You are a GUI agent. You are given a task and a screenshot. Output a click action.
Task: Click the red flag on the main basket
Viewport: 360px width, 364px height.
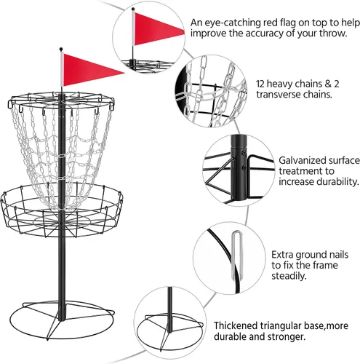(89, 70)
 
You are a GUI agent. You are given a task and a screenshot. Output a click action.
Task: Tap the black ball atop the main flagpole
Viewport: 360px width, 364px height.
(61, 50)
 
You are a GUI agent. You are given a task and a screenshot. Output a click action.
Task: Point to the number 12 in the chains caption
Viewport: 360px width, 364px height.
(260, 84)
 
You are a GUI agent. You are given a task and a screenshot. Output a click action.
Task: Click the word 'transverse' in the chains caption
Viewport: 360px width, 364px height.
(277, 95)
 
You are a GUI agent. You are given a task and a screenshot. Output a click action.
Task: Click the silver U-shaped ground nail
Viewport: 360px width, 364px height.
(237, 255)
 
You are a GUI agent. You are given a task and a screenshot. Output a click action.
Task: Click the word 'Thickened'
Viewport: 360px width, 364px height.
(235, 325)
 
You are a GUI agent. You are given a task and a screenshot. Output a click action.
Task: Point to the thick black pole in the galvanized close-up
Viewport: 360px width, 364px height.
(239, 167)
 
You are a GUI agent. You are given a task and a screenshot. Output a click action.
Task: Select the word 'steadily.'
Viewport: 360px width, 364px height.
(289, 276)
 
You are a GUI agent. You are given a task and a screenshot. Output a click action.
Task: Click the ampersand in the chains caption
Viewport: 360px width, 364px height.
(328, 84)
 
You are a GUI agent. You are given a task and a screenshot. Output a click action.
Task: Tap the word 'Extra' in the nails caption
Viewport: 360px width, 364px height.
(282, 255)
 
